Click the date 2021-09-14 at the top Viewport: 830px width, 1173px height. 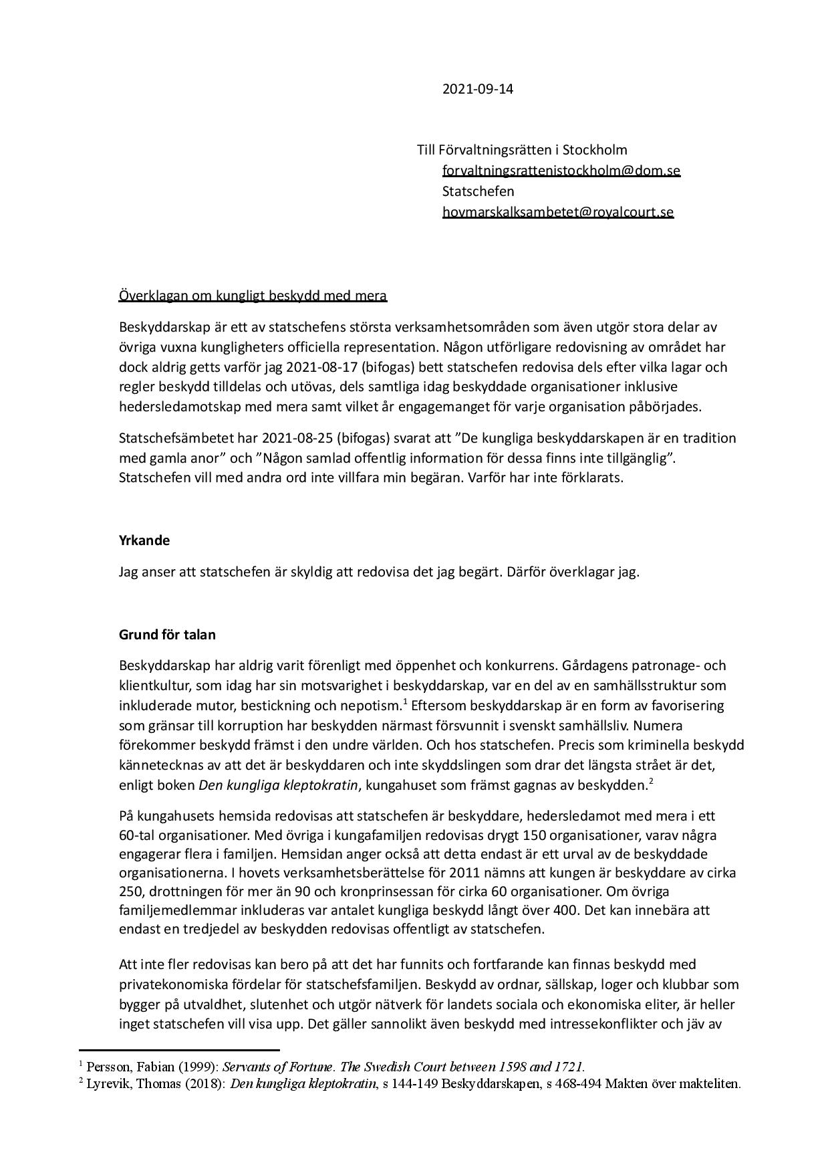point(478,89)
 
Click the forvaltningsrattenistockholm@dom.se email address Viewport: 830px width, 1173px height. point(561,171)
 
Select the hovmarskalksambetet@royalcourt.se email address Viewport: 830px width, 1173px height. point(557,212)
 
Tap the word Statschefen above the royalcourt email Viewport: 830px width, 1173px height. point(478,191)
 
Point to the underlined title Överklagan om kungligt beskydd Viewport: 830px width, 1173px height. point(253,296)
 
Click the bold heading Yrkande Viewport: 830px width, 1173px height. point(144,540)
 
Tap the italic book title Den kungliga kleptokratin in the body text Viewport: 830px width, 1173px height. point(278,786)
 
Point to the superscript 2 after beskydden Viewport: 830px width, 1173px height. point(650,781)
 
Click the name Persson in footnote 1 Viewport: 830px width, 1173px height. point(106,1067)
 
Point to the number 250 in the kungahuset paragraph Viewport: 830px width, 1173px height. point(131,892)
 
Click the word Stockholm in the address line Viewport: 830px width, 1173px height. point(595,150)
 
